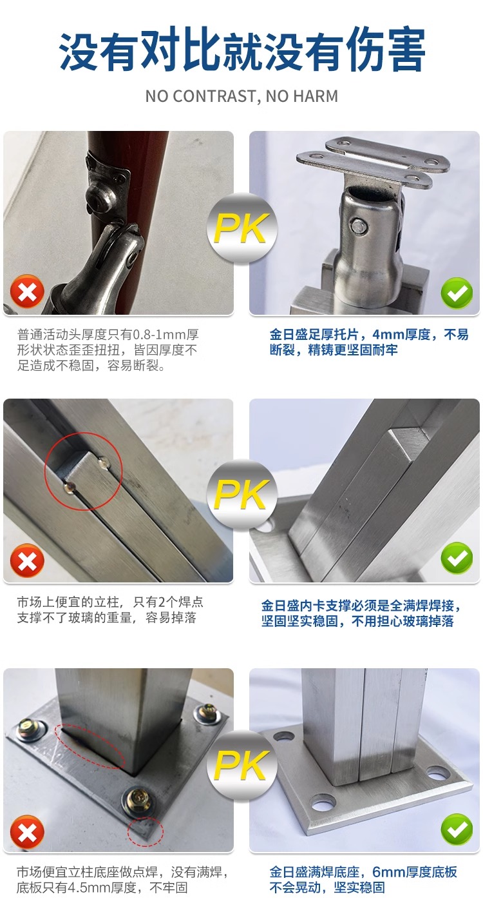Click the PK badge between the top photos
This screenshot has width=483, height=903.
coord(242,228)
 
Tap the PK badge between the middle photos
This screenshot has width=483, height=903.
coord(242,494)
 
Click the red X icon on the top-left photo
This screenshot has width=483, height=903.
coord(27,291)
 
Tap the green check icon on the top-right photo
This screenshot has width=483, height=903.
coord(457,293)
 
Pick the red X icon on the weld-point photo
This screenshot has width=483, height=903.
coord(27,561)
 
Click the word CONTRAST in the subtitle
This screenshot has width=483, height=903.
coord(214,96)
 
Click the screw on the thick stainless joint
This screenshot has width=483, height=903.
coord(358,226)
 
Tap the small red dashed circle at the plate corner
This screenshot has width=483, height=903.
coord(146,831)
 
